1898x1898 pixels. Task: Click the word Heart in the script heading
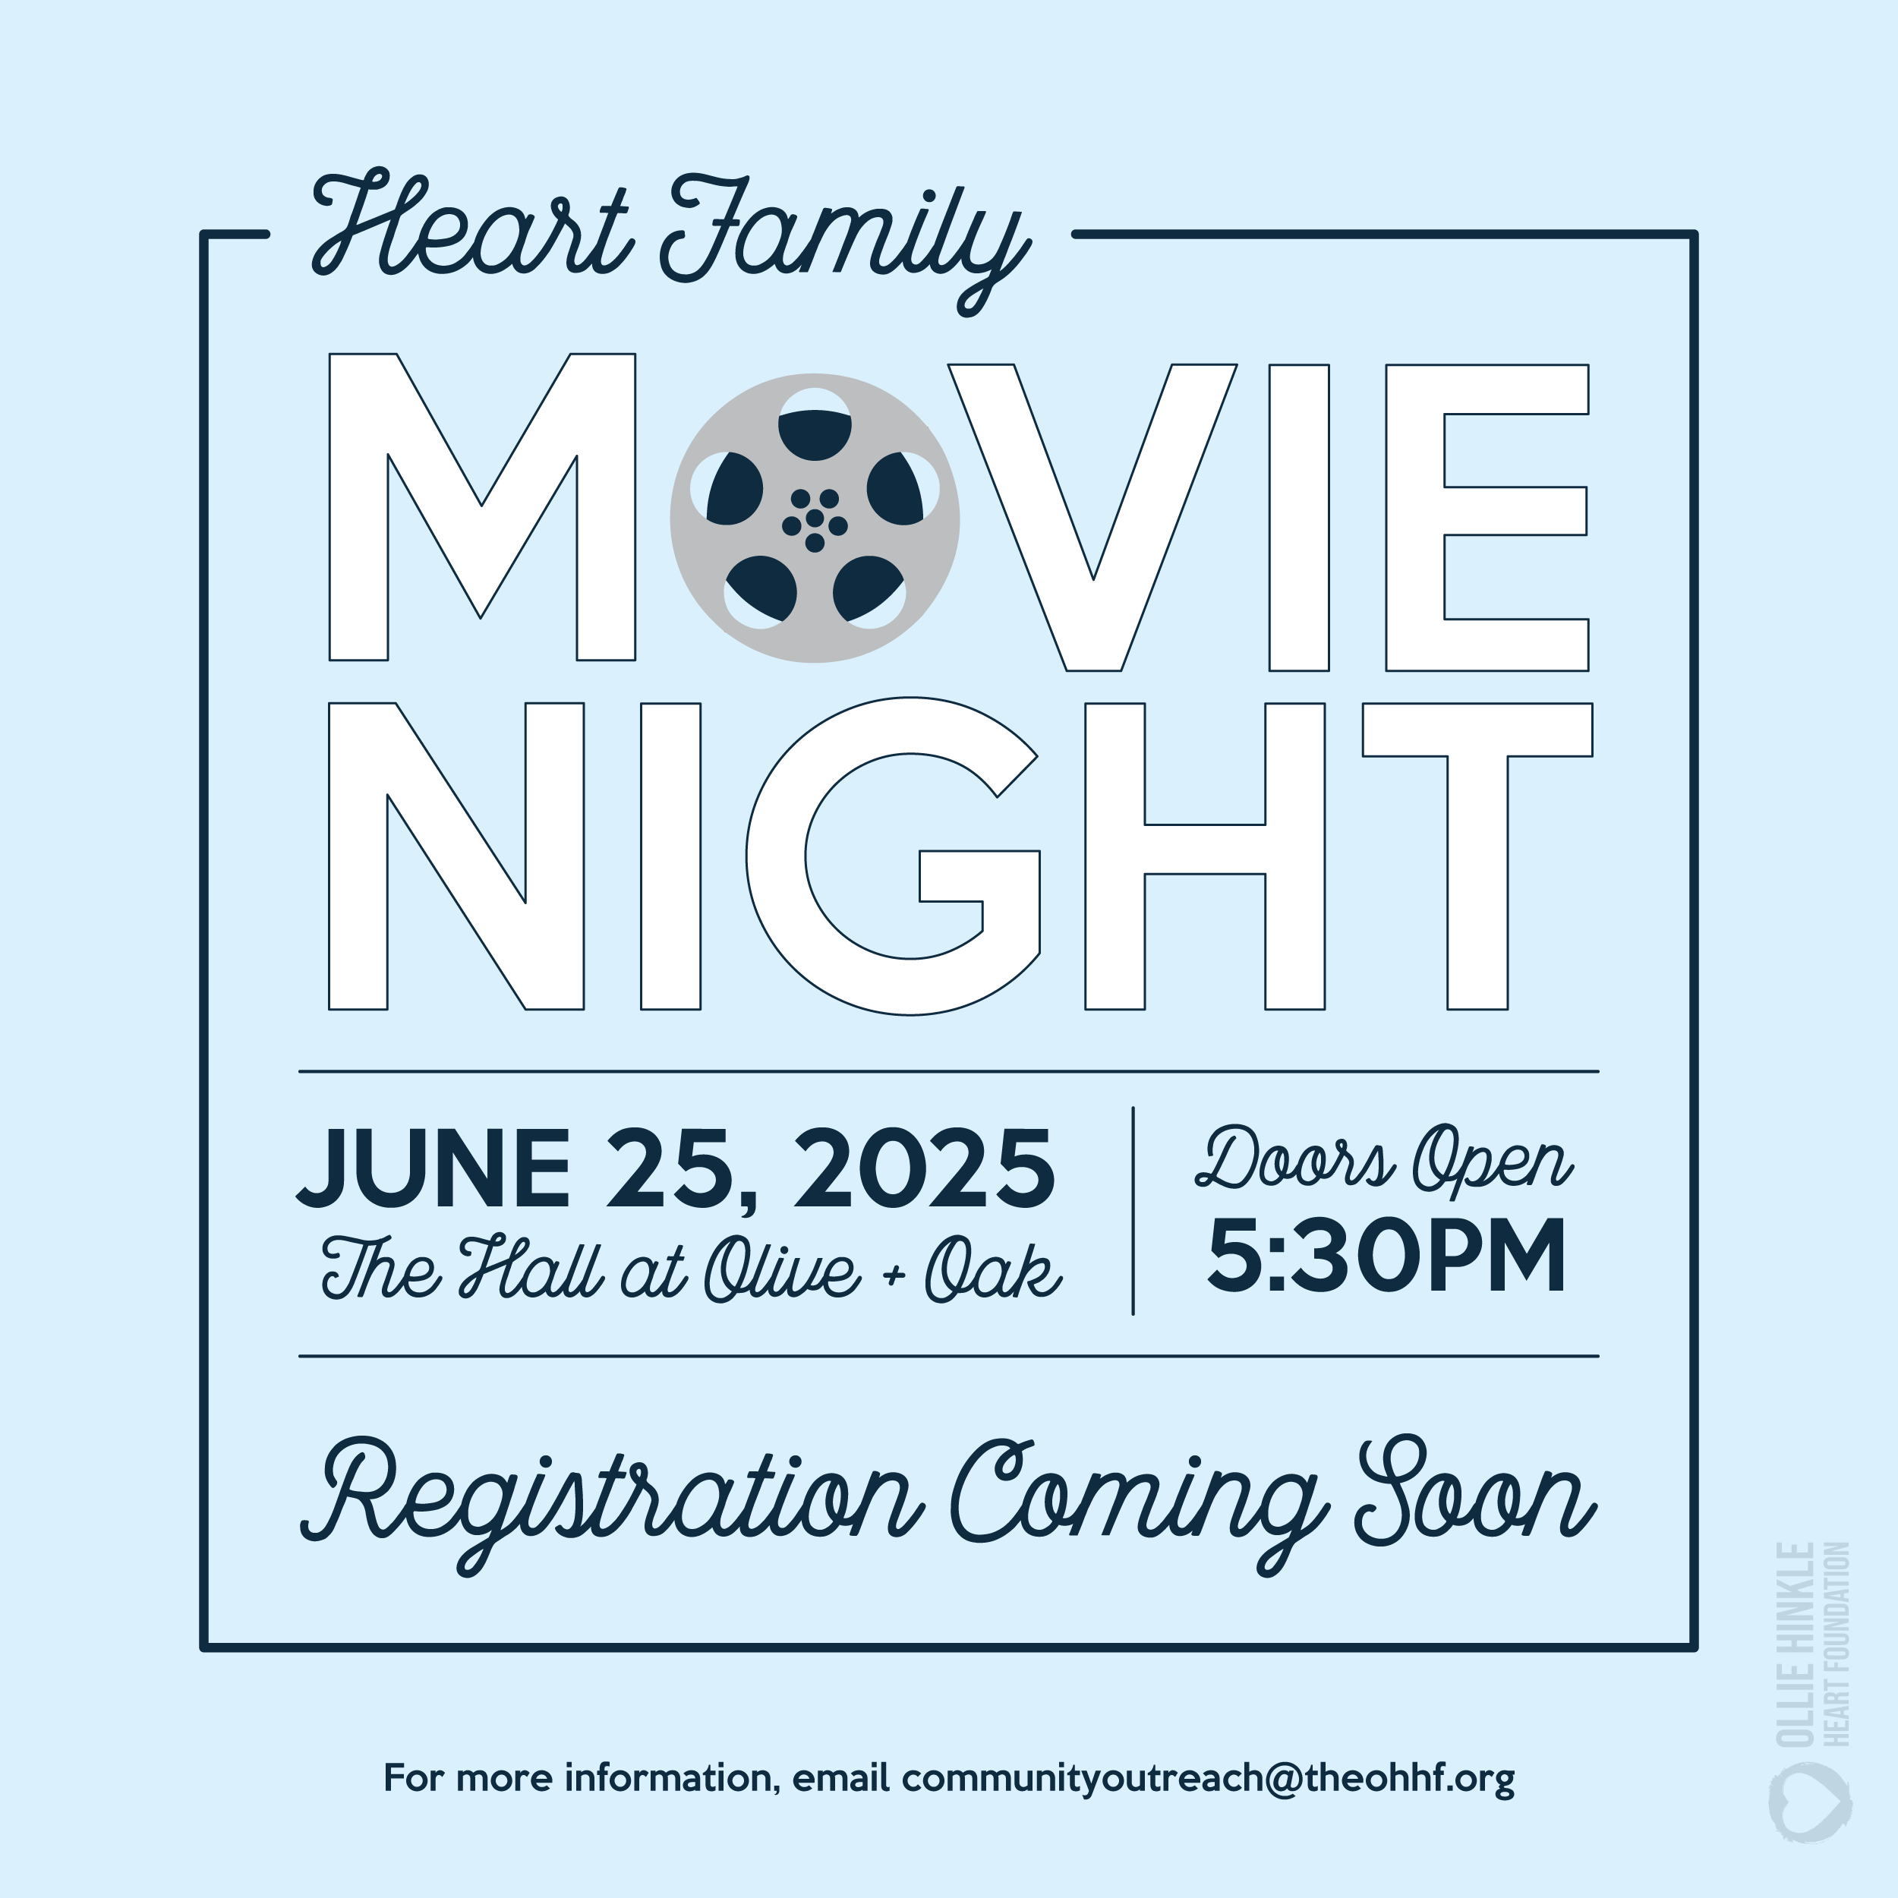[x=471, y=228]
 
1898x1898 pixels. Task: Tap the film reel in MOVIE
[x=815, y=518]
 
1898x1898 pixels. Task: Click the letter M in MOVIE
[x=481, y=507]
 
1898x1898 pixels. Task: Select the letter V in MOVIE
[x=1092, y=518]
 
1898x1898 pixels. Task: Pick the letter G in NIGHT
[x=893, y=856]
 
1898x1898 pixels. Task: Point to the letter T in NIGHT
[x=1477, y=856]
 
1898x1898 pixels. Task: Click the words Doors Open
[x=1384, y=1162]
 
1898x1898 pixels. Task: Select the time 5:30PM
[x=1386, y=1256]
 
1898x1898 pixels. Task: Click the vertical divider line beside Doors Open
[x=1133, y=1210]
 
